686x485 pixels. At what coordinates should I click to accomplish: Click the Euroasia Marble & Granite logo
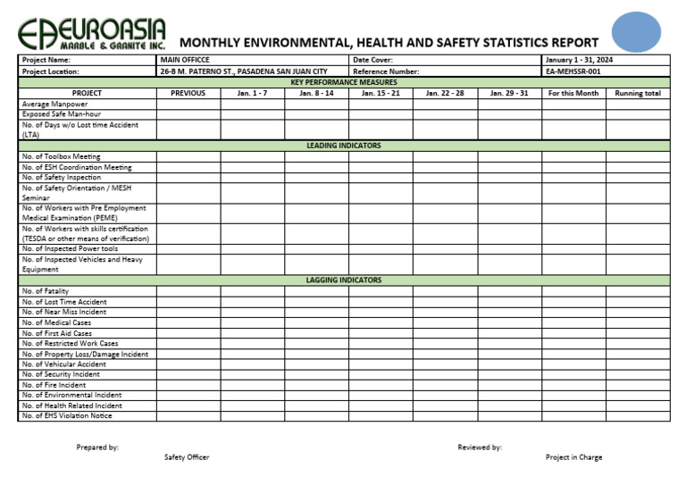(91, 34)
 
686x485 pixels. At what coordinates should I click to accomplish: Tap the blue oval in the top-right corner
(636, 32)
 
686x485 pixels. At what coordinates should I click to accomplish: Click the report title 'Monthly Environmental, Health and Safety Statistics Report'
(389, 42)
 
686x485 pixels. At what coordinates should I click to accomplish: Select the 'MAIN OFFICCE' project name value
(185, 60)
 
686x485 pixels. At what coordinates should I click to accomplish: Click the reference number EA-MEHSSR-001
(573, 71)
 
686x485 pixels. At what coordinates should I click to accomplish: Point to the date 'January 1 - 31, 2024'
(579, 60)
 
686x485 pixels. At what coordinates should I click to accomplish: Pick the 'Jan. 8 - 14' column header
(316, 93)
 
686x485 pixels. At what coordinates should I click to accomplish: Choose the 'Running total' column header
(638, 93)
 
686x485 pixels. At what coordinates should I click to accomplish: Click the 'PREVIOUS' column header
(188, 93)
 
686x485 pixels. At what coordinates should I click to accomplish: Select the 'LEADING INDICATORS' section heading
(343, 145)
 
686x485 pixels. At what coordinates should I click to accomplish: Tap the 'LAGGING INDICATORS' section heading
(343, 280)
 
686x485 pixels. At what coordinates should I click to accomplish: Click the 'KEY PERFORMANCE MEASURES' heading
(343, 82)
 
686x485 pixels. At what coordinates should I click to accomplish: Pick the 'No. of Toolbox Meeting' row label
(61, 156)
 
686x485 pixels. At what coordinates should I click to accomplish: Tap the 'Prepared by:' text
(97, 447)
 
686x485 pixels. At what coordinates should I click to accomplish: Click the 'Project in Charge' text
(573, 457)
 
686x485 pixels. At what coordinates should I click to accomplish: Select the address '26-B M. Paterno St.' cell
(243, 71)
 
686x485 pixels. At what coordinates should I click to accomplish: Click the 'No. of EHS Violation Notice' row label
(67, 415)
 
